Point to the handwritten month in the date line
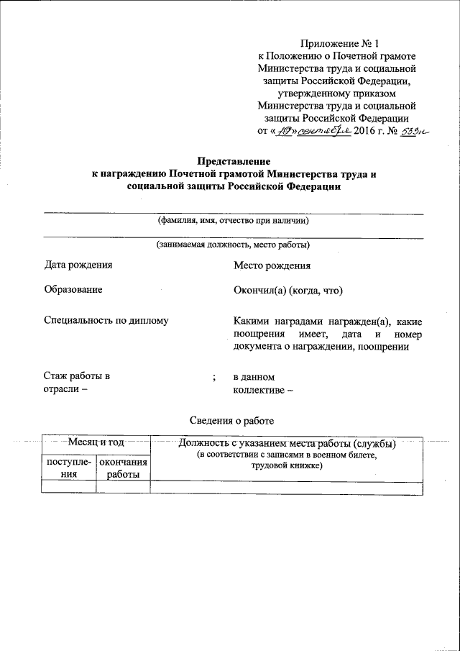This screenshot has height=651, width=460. [x=322, y=131]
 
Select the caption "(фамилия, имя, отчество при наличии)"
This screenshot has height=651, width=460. [x=234, y=221]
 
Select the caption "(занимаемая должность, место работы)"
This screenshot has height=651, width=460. [x=234, y=245]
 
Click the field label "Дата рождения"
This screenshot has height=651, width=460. [x=78, y=265]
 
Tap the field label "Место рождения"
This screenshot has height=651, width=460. [x=272, y=265]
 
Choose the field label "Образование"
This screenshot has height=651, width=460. [x=73, y=289]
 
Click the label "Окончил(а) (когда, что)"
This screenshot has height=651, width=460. [x=287, y=290]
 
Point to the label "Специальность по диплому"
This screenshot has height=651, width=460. [x=106, y=320]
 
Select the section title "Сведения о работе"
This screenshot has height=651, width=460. [x=231, y=420]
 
